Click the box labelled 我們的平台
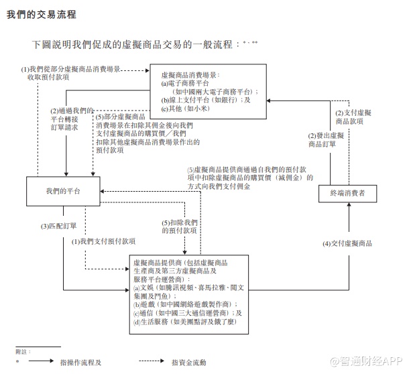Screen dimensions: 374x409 (64, 192)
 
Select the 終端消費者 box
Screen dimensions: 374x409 (348, 194)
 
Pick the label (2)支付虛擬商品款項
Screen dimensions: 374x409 (349, 117)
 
